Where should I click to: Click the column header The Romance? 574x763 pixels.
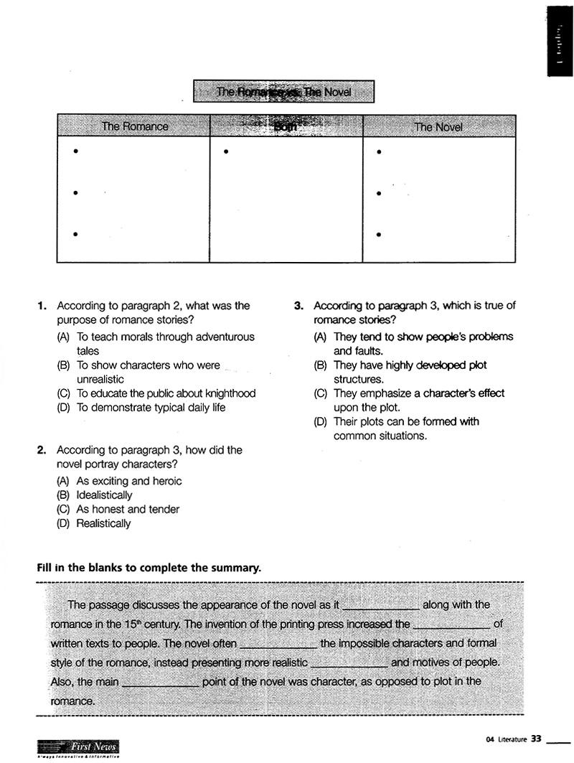click(x=134, y=126)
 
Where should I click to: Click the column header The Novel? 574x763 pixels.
click(x=438, y=127)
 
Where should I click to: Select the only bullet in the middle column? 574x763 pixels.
click(x=226, y=151)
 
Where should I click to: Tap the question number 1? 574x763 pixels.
click(x=42, y=306)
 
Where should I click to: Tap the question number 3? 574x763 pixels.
click(x=298, y=306)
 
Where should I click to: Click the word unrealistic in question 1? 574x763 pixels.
click(x=100, y=379)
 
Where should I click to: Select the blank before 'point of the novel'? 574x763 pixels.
click(x=161, y=683)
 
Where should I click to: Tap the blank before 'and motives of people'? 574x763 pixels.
click(x=349, y=664)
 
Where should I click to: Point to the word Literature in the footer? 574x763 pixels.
click(x=511, y=739)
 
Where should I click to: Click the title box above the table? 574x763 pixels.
click(x=284, y=92)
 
